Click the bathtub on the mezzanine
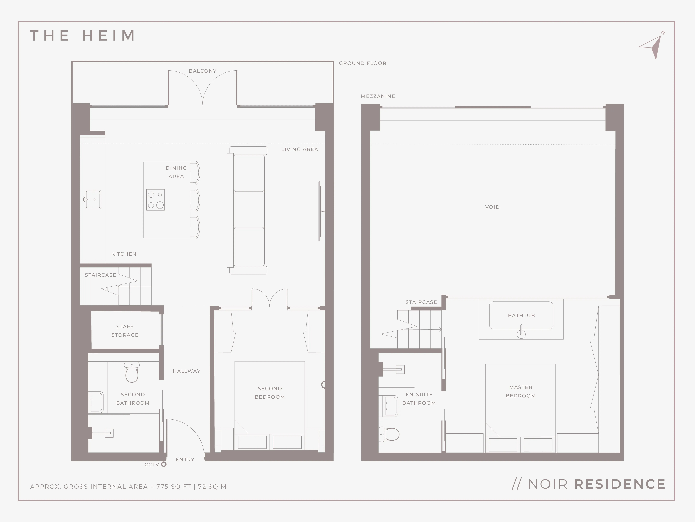pyautogui.click(x=521, y=316)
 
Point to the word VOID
pyautogui.click(x=492, y=207)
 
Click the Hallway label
pyautogui.click(x=186, y=371)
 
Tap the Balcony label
pyautogui.click(x=203, y=71)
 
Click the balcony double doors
pyautogui.click(x=203, y=88)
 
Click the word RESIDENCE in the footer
pyautogui.click(x=620, y=484)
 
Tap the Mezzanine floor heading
pyautogui.click(x=378, y=96)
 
